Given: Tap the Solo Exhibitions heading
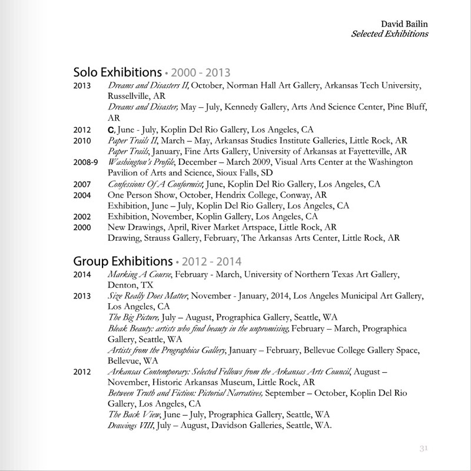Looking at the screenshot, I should pyautogui.click(x=117, y=73).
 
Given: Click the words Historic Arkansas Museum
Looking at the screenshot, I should pyautogui.click(x=198, y=382).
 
